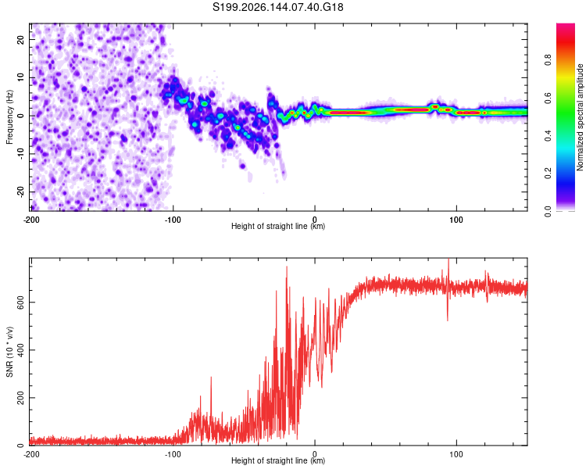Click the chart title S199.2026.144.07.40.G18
point(277,7)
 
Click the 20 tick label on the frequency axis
point(20,39)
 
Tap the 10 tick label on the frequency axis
point(20,77)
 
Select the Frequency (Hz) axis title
point(9,117)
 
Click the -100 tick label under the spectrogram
point(173,220)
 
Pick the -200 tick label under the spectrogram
point(31,220)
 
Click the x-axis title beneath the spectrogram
point(278,226)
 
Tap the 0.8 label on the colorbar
point(548,60)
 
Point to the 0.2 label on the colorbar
point(548,174)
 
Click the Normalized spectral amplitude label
point(580,117)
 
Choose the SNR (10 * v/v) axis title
point(9,352)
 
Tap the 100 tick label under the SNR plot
point(456,454)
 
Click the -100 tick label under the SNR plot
point(173,454)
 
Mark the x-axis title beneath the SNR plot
point(278,460)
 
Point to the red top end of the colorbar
point(566,26)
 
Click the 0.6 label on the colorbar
point(548,98)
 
